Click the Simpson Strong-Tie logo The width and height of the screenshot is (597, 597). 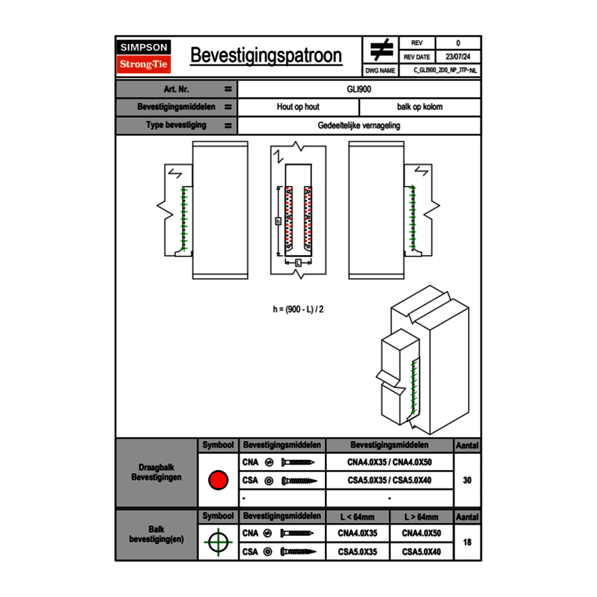144,56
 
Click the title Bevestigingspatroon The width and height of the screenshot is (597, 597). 265,56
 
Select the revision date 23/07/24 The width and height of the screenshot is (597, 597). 458,57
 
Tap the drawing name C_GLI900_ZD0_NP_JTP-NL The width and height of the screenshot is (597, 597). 445,70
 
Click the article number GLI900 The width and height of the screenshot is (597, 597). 359,89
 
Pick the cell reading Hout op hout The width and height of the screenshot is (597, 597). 298,107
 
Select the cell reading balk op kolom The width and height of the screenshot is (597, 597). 419,107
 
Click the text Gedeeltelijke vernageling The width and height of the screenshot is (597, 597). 359,126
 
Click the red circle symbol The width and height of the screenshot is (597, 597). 218,480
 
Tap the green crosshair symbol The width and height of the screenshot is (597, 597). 218,542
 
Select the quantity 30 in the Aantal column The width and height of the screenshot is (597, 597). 467,480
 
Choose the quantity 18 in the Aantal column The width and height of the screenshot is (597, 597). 467,542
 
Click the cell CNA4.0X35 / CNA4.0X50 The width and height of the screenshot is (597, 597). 389,463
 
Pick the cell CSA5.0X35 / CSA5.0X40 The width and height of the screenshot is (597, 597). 389,480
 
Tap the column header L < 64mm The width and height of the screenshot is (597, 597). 358,517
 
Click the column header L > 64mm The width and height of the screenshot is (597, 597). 421,517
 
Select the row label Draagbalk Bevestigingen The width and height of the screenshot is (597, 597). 156,473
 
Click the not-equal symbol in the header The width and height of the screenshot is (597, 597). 381,50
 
